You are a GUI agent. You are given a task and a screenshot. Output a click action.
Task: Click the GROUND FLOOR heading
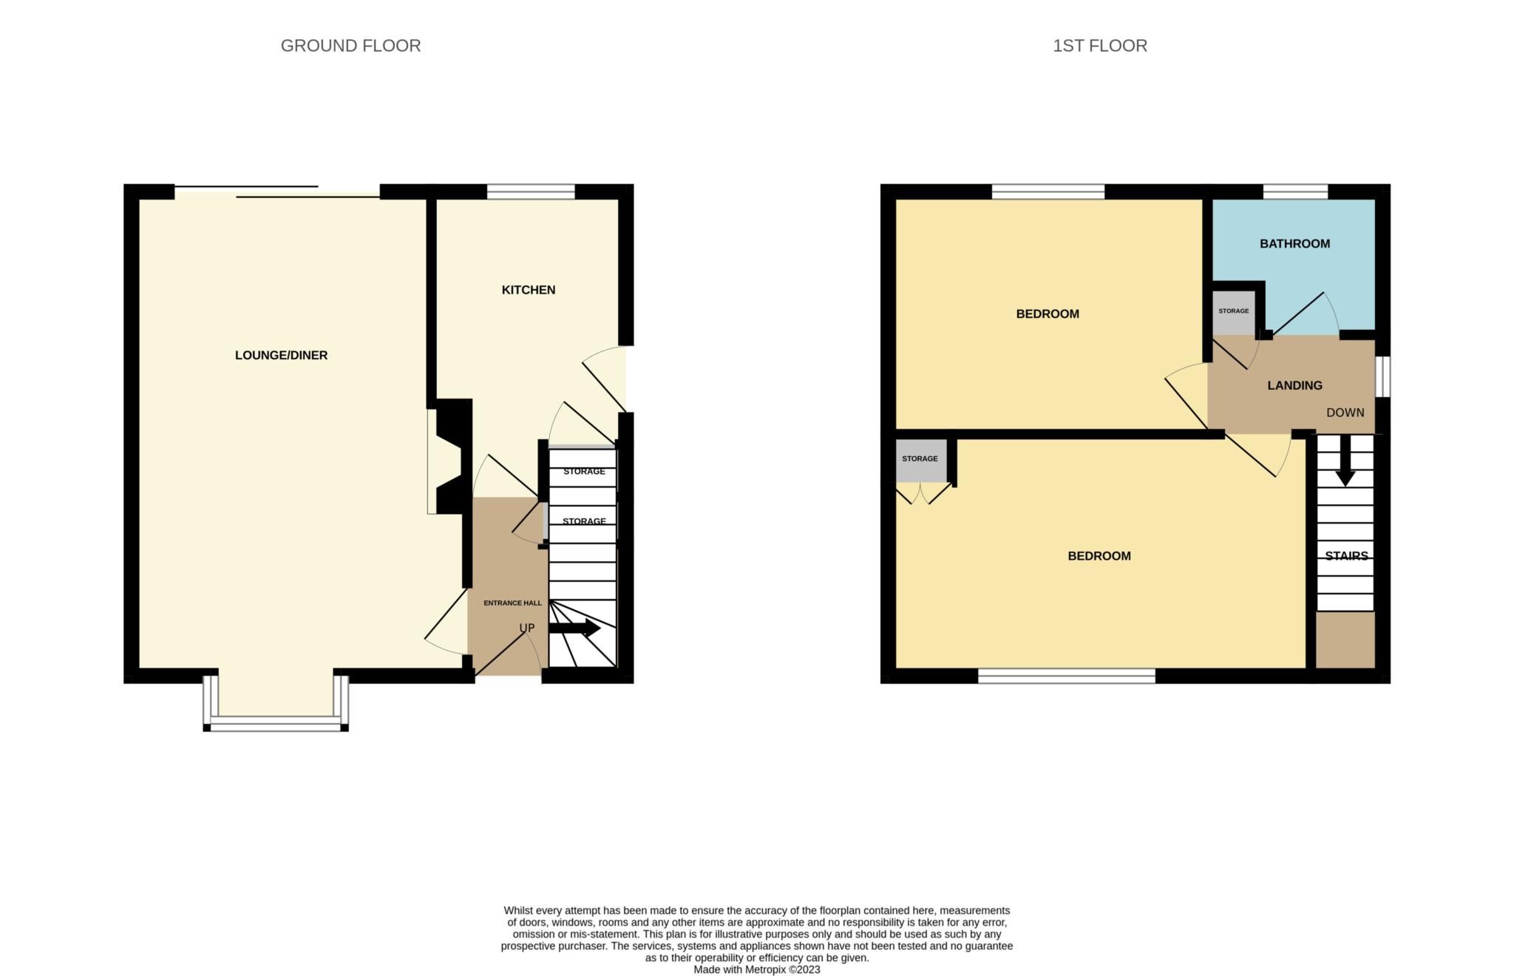350,46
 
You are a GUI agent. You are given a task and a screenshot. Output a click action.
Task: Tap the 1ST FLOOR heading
1099,46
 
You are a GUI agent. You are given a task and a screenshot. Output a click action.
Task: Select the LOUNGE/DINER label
281,355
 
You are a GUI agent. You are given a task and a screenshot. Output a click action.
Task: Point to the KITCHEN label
528,290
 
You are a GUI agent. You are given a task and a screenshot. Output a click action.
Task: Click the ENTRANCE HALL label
512,603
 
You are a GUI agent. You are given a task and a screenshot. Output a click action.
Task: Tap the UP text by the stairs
526,628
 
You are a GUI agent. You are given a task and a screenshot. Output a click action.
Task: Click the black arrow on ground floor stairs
575,628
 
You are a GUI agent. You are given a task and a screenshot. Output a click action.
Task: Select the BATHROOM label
1294,243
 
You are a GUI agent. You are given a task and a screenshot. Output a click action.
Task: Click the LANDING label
1294,385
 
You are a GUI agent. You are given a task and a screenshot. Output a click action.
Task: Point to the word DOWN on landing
1345,413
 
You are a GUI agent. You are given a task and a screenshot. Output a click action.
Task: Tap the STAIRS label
1345,555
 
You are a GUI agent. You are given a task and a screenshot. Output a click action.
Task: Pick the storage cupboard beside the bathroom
1233,311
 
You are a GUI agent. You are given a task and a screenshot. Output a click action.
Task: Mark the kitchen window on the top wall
531,192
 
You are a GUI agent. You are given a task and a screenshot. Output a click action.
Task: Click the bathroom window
1294,192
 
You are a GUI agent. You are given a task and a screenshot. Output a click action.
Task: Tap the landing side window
1382,377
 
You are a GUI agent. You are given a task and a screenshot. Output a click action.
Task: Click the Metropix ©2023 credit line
756,969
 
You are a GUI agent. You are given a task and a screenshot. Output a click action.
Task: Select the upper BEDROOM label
1047,314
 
